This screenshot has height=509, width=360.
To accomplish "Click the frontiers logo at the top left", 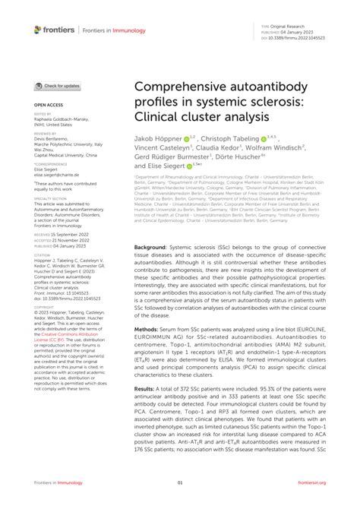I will (x=54, y=30).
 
